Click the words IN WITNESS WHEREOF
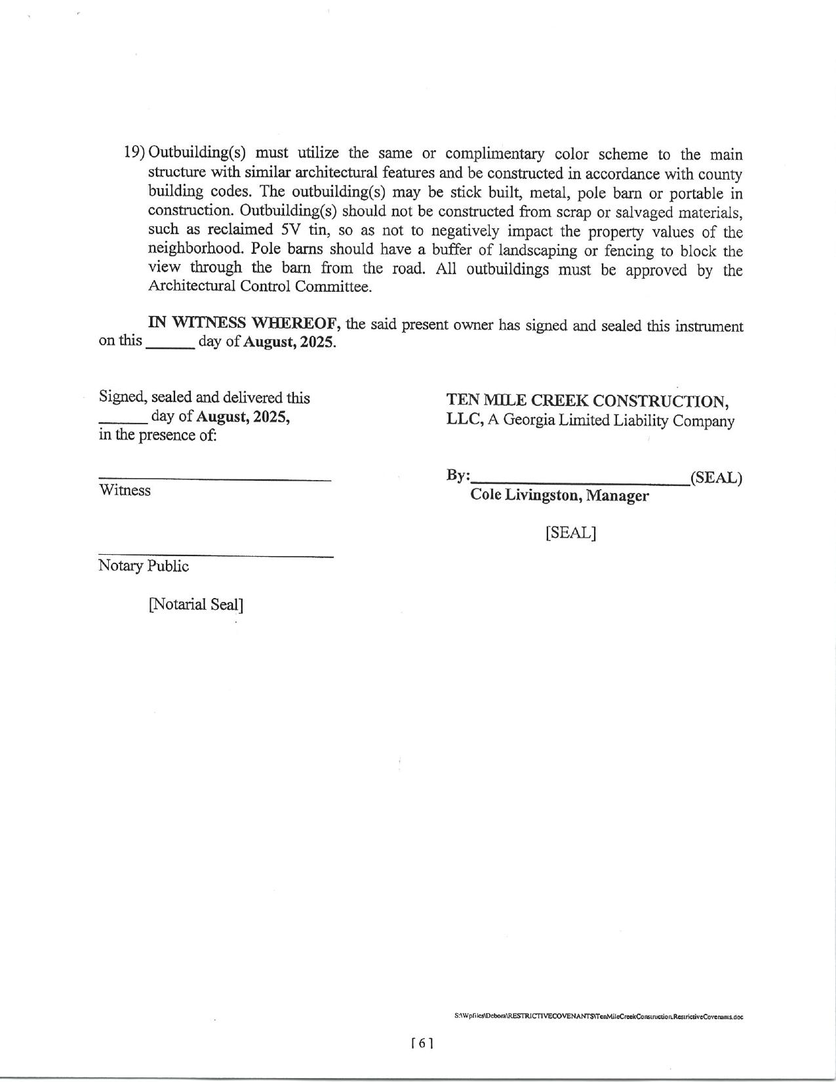pyautogui.click(x=243, y=323)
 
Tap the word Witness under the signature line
pyautogui.click(x=125, y=491)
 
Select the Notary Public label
pyautogui.click(x=144, y=566)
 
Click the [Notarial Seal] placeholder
pyautogui.click(x=195, y=604)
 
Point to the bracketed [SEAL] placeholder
pyautogui.click(x=570, y=532)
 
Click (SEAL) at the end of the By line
pyautogui.click(x=716, y=477)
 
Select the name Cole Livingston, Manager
pyautogui.click(x=559, y=495)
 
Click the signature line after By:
pyautogui.click(x=580, y=482)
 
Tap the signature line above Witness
pyautogui.click(x=214, y=481)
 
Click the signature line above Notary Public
pyautogui.click(x=216, y=557)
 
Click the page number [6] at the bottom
pyautogui.click(x=422, y=1043)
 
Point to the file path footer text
pyautogui.click(x=598, y=1016)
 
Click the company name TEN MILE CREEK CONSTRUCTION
pyautogui.click(x=587, y=400)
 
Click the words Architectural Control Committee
pyautogui.click(x=260, y=287)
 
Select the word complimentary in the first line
pyautogui.click(x=494, y=154)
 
